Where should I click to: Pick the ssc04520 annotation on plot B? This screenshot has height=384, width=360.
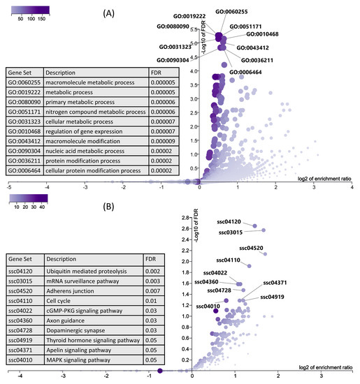252,247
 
